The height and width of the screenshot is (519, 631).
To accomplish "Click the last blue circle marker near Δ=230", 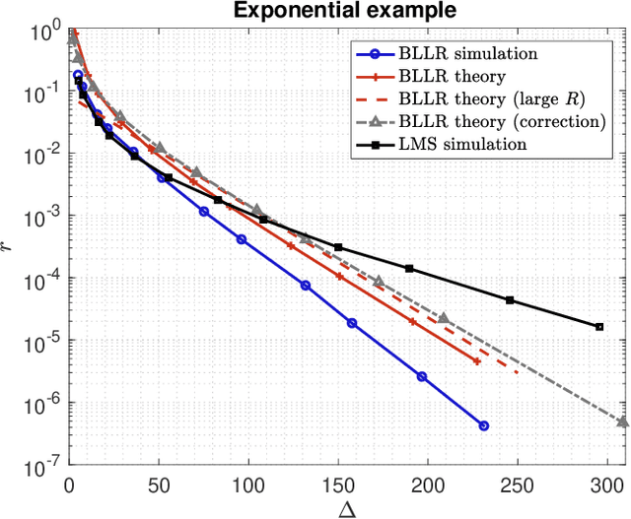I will tap(483, 425).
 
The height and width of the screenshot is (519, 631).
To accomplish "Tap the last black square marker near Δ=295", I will tap(598, 326).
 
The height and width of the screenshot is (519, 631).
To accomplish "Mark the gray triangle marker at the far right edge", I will tap(623, 422).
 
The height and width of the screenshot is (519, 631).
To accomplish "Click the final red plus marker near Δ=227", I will tap(477, 361).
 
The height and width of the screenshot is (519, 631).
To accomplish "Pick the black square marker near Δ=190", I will tap(409, 269).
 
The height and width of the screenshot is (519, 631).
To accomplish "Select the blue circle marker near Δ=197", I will tap(422, 376).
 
